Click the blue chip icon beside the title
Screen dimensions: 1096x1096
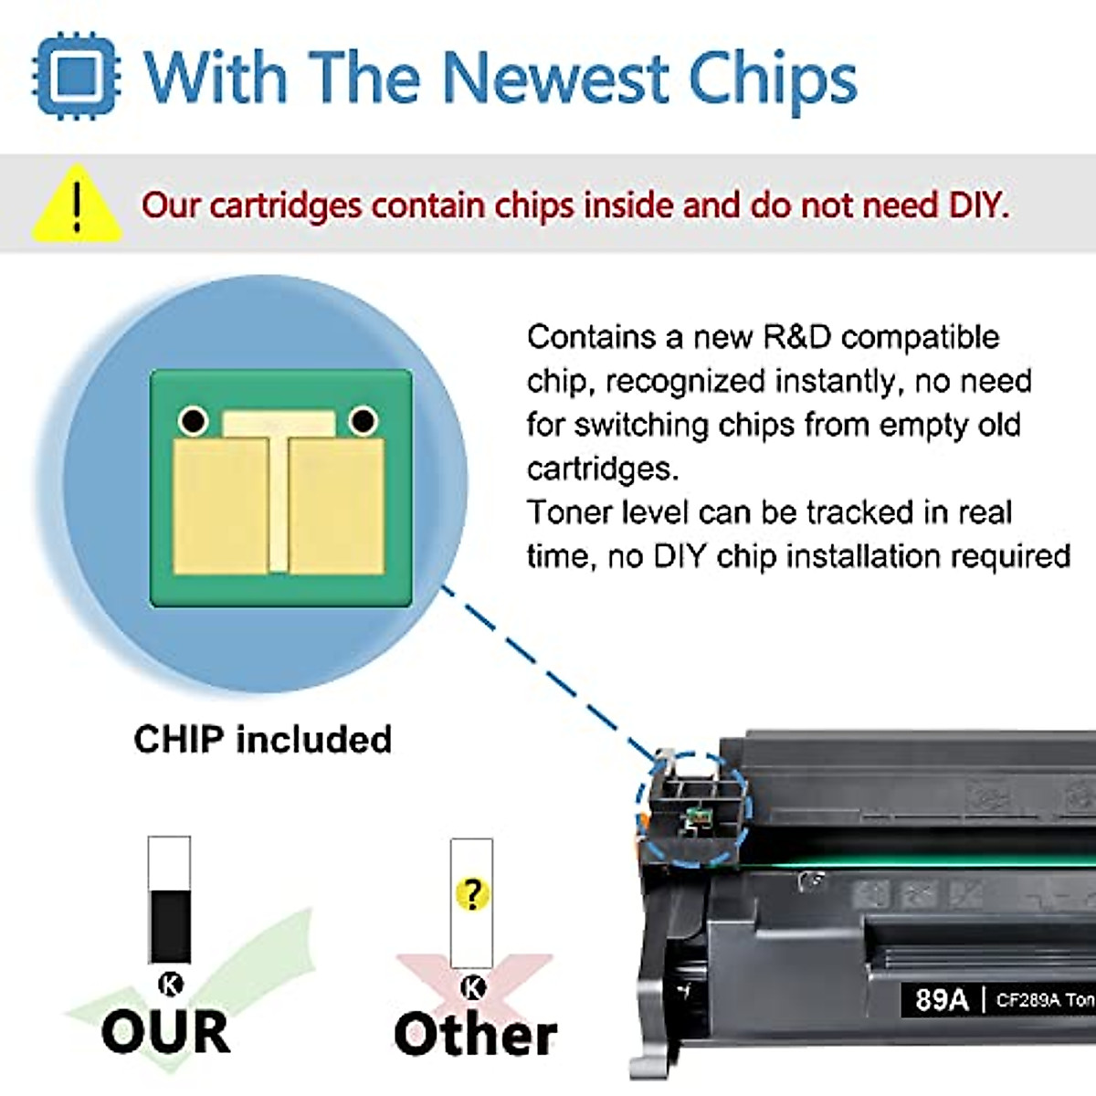(x=76, y=76)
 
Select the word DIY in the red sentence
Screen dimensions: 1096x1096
(x=977, y=205)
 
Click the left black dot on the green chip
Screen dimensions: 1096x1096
(x=194, y=421)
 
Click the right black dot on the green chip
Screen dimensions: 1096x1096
(x=363, y=421)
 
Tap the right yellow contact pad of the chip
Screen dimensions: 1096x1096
(x=336, y=507)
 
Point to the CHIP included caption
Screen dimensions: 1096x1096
(x=262, y=739)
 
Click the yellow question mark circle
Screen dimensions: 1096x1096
(x=472, y=892)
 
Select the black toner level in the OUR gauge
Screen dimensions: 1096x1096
(x=170, y=925)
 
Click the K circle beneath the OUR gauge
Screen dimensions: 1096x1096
(x=170, y=984)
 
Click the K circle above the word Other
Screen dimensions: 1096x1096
(x=473, y=986)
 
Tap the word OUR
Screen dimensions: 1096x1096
(x=165, y=1032)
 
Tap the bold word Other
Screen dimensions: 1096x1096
(x=475, y=1034)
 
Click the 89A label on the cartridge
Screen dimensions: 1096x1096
(x=941, y=999)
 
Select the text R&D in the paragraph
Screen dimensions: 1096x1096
(x=796, y=337)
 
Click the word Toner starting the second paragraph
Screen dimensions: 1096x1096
(x=569, y=512)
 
